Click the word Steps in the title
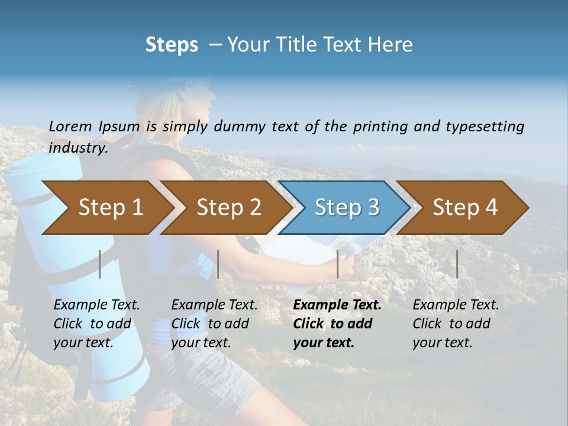172,45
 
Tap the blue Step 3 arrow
346,207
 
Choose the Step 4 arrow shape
465,207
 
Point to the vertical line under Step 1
100,264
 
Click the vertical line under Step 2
218,264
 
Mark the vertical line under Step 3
337,264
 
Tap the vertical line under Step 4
457,264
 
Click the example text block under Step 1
96,324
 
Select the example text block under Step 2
214,324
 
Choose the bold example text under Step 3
337,324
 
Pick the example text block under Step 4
456,324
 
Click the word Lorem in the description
70,127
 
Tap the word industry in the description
78,148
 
